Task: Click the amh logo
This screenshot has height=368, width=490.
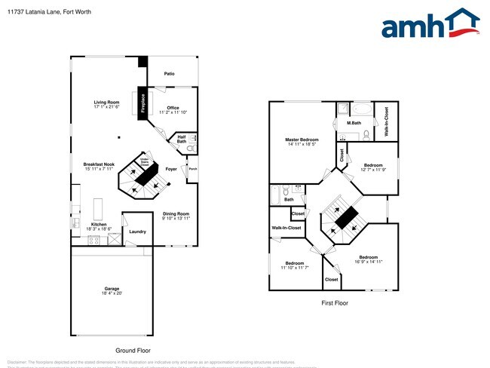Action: pyautogui.click(x=430, y=24)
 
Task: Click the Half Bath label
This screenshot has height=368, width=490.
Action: pyautogui.click(x=182, y=140)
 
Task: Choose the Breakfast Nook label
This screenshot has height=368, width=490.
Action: pyautogui.click(x=99, y=166)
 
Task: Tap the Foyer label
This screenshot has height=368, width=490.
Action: pyautogui.click(x=171, y=170)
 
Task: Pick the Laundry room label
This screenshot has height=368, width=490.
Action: pyautogui.click(x=137, y=232)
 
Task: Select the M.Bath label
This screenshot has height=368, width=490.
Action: pyautogui.click(x=354, y=123)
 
